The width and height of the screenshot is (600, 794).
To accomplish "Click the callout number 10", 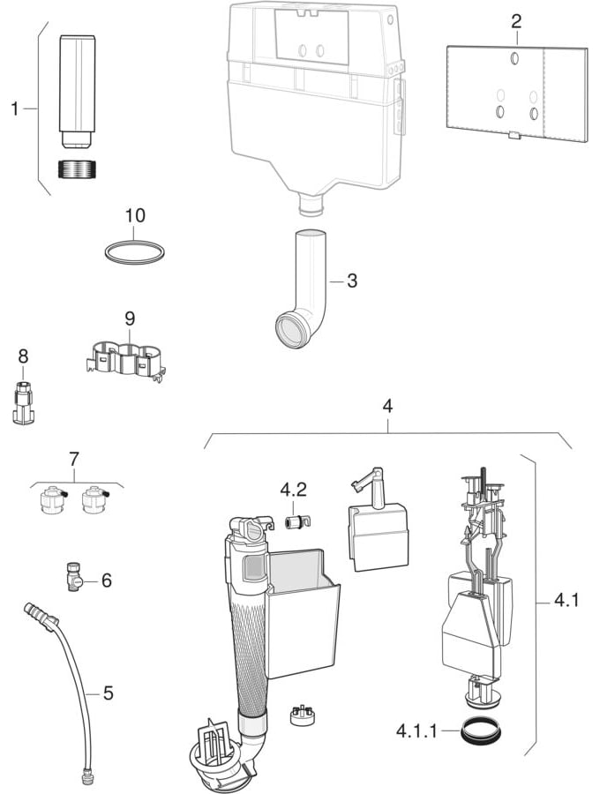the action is click(135, 215).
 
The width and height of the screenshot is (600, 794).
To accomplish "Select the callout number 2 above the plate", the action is click(516, 21).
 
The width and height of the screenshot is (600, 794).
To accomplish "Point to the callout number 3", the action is click(352, 281).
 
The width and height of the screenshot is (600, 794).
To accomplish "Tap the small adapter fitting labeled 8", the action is click(23, 402).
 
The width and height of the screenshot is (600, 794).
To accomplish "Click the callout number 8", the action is click(23, 356).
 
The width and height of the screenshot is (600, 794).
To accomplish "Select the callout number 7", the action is click(74, 460).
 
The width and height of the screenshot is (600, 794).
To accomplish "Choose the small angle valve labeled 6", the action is click(74, 577).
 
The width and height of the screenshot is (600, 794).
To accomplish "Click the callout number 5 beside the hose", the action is click(109, 693).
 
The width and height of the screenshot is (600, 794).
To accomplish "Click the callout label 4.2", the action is click(293, 491).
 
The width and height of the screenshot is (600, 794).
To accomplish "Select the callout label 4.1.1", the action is click(416, 731).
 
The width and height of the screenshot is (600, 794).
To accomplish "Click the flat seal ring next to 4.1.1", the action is click(481, 731).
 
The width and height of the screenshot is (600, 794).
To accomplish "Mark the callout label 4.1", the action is click(566, 601).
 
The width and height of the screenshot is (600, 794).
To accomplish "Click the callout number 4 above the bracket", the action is click(387, 406).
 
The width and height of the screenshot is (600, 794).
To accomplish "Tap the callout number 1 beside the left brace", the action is click(15, 109).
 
